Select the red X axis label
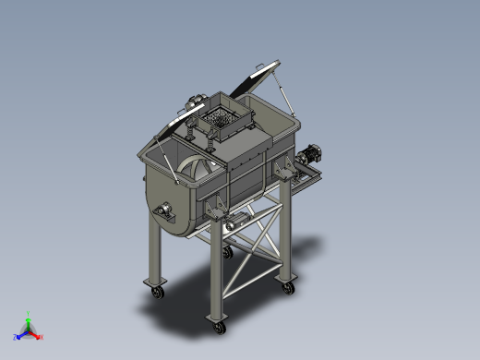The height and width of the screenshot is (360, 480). tap(41, 337)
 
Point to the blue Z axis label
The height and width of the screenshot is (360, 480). tap(17, 338)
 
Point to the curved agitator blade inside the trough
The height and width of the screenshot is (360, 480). tap(197, 167)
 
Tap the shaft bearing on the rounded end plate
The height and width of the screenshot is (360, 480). tap(167, 213)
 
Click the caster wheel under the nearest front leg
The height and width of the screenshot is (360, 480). tap(220, 326)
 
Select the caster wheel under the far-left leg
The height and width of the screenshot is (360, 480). tap(157, 293)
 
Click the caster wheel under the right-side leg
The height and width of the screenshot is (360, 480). tap(289, 287)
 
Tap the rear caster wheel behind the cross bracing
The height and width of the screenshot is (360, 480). tap(227, 250)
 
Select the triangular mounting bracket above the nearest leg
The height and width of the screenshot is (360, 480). tap(219, 210)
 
